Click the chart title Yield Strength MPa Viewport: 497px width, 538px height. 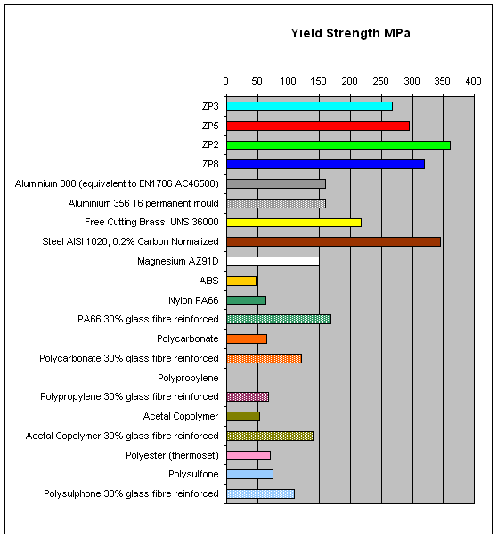[350, 33]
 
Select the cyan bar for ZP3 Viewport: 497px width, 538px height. [309, 106]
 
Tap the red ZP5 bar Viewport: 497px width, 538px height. [318, 126]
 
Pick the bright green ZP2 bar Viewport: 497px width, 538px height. [338, 145]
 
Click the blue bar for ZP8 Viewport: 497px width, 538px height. [325, 165]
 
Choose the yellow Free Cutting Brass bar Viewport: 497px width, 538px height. [294, 223]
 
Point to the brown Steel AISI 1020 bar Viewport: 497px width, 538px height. [333, 242]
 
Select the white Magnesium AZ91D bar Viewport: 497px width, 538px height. [273, 262]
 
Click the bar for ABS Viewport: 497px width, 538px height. [241, 281]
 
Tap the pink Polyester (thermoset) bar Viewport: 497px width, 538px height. [248, 455]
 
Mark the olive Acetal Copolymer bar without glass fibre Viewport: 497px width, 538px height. [243, 416]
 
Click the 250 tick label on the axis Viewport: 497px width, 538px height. [380, 81]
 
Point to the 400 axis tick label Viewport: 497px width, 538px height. [473, 81]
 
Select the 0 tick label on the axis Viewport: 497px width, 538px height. [225, 81]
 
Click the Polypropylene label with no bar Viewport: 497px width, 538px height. [188, 378]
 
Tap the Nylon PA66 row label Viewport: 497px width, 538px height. [193, 300]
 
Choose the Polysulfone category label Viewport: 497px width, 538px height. [193, 474]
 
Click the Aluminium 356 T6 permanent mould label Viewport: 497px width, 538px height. [143, 203]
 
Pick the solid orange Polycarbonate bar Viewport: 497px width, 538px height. [247, 339]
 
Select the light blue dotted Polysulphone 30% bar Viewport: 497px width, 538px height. [260, 493]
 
